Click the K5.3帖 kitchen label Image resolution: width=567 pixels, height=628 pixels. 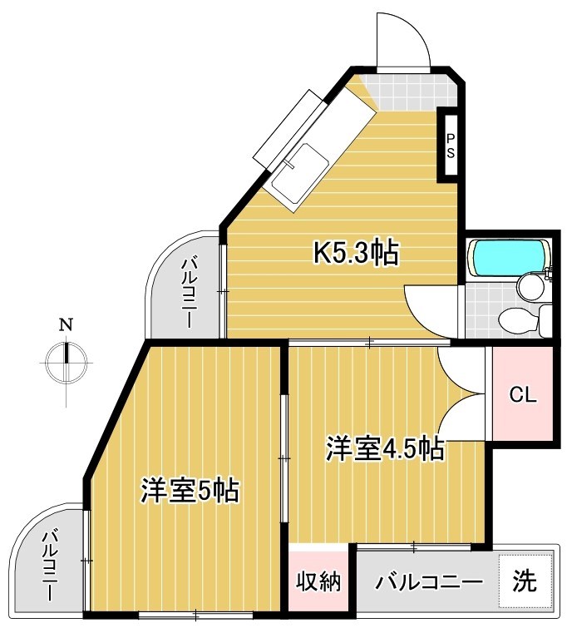pos(355,250)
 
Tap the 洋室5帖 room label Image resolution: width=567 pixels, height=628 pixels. pos(190,490)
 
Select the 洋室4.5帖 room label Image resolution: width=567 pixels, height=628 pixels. pos(383,448)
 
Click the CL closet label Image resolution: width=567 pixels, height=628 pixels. pos(523,394)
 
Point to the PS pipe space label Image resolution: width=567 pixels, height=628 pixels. pos(450,146)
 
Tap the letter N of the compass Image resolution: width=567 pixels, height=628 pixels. pos(65,324)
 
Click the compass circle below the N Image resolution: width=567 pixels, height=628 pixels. pos(66,360)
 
